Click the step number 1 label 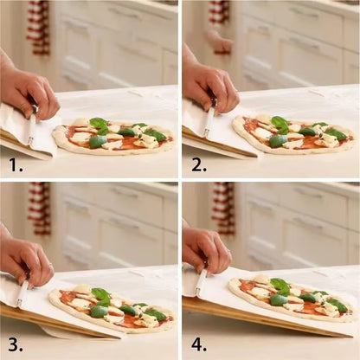[x=15, y=162]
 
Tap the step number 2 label [x=198, y=162]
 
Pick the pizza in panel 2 [x=291, y=135]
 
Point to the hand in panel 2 [x=210, y=82]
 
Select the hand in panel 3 [x=25, y=258]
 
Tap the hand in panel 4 [x=206, y=247]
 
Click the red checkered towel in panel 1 [x=37, y=26]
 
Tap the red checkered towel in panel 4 [x=223, y=208]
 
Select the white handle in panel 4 [x=202, y=282]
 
